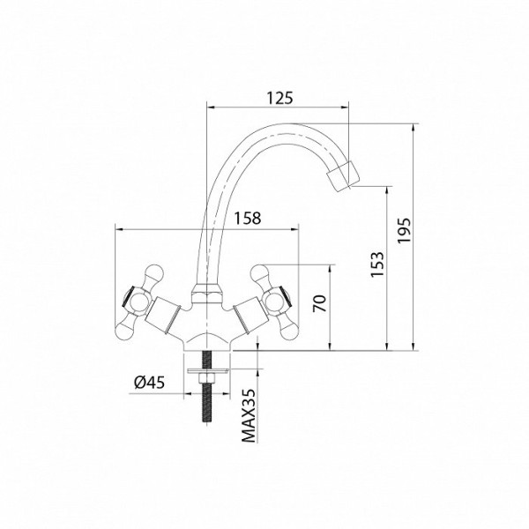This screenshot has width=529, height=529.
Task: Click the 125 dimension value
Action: coord(280,98)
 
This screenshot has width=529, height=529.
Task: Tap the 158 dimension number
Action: coord(248,219)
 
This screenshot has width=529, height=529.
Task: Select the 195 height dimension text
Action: coord(404,231)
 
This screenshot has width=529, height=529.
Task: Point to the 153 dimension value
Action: coord(377,264)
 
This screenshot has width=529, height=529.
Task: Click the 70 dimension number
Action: coord(319,303)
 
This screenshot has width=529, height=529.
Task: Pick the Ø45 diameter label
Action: coord(150,383)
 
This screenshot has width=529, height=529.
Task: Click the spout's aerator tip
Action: coord(343,176)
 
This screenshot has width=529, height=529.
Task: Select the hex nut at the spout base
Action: coord(207,294)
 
